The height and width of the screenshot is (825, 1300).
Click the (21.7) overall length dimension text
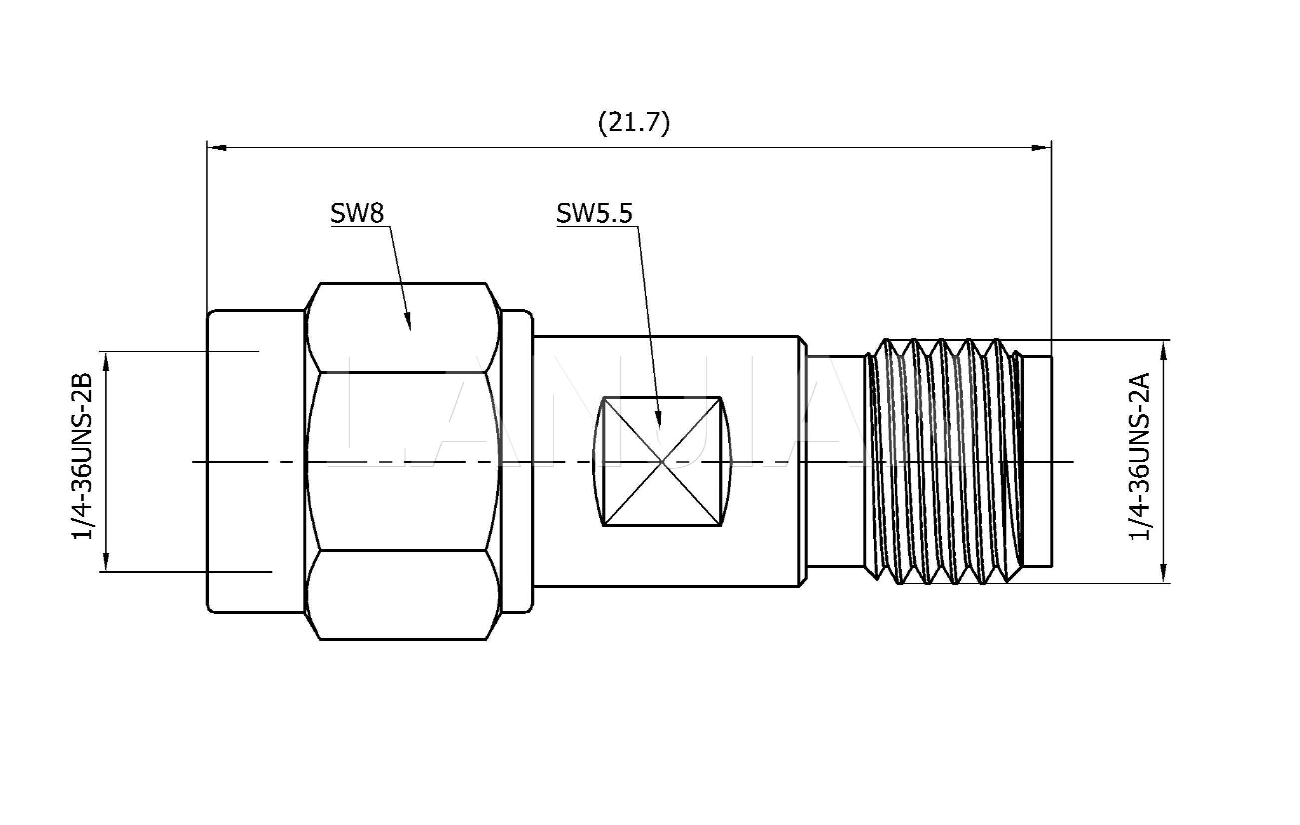click(x=634, y=122)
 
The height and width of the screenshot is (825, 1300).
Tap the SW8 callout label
click(x=357, y=213)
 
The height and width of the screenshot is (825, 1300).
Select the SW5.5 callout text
click(x=594, y=213)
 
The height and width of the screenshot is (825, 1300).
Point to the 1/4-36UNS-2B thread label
click(x=82, y=457)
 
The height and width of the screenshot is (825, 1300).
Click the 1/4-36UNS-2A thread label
click(x=1140, y=457)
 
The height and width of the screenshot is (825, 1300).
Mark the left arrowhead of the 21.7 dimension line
click(x=216, y=147)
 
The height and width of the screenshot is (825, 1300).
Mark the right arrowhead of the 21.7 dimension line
click(x=1042, y=147)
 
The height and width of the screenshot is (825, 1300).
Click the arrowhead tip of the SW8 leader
click(x=409, y=328)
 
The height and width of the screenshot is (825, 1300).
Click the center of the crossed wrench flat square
click(x=662, y=461)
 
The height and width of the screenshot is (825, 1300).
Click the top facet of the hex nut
click(x=403, y=327)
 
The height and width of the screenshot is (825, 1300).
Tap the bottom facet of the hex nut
click(x=403, y=594)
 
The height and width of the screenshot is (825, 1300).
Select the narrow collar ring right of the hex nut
click(x=517, y=461)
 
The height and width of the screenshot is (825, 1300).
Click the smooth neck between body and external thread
click(x=835, y=461)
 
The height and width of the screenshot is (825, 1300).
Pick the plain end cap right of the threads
click(x=1038, y=461)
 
